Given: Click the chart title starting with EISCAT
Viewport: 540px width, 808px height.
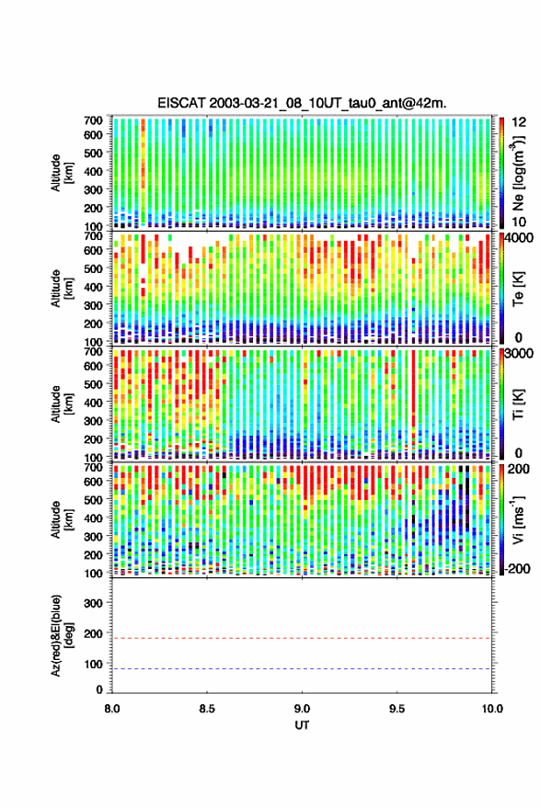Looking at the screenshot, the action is [303, 103].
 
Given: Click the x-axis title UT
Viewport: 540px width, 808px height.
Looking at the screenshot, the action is [302, 725].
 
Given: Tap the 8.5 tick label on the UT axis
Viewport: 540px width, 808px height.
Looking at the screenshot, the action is [207, 709].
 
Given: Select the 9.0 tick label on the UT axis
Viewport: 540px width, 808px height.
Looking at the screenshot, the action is [302, 709].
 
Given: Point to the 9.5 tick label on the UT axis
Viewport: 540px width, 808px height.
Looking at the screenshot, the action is [396, 709].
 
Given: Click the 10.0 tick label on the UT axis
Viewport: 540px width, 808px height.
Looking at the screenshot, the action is [492, 709].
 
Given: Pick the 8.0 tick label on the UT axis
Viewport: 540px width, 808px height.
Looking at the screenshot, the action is [112, 709].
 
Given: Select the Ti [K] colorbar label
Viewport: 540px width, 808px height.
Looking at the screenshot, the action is [518, 404].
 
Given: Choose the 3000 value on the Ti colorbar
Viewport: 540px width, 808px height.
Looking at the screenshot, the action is [519, 354].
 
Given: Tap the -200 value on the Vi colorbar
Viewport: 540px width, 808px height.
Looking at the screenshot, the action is [517, 569].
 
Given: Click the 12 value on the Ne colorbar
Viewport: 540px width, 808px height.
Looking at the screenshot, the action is [519, 122].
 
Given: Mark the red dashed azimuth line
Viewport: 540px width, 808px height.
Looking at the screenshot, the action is [302, 638].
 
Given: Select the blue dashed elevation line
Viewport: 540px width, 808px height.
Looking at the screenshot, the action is [302, 669].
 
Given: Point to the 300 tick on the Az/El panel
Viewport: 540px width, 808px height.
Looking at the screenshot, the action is [93, 603].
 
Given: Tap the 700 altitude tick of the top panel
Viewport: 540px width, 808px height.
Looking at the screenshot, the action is [93, 120].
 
